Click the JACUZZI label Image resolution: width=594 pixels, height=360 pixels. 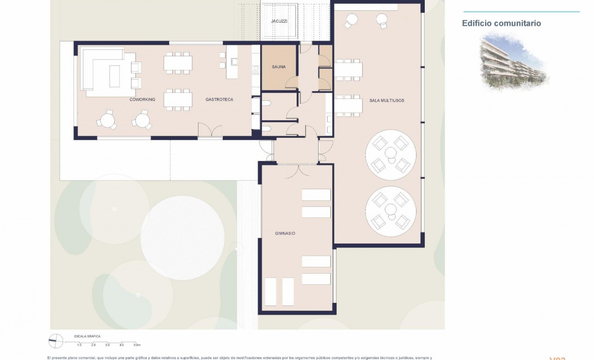(279, 21)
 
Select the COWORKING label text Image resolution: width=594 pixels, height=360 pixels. (142, 99)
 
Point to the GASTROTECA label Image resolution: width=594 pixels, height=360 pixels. (219, 99)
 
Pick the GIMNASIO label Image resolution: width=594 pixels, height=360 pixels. (284, 234)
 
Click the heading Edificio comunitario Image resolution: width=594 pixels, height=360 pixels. (501, 23)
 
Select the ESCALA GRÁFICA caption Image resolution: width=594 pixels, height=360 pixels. (87, 336)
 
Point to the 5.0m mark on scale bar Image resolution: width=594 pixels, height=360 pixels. (137, 345)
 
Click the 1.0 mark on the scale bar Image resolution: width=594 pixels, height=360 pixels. (79, 345)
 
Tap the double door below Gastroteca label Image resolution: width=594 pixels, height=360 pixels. (210, 130)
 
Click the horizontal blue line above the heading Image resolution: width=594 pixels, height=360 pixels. (521, 12)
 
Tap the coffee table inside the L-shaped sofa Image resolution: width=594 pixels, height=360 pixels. (115, 76)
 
